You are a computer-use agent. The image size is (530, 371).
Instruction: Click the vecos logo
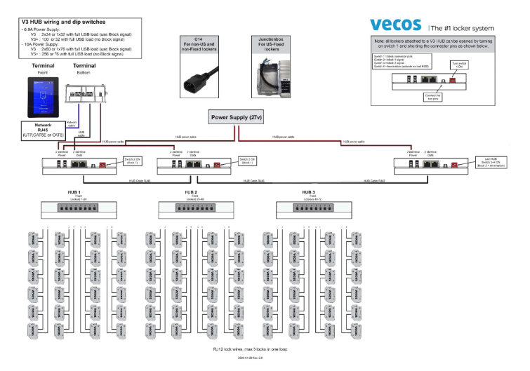(x=395, y=25)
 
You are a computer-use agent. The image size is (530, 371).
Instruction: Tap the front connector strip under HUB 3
(x=310, y=208)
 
